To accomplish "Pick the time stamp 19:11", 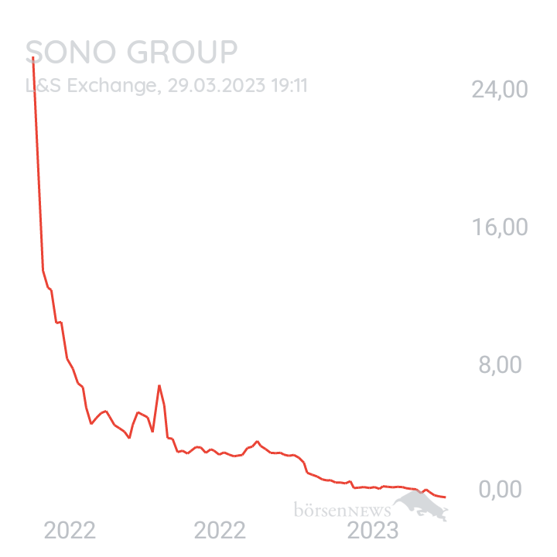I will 289,85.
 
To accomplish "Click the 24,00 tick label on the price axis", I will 500,90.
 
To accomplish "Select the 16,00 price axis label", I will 500,227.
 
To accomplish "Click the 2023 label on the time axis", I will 373,531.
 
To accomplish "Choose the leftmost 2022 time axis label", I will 70,531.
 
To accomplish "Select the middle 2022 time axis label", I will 220,531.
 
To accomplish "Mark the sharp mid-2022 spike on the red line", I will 159,385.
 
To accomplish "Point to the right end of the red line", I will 446,497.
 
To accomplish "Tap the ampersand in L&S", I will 43,85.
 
